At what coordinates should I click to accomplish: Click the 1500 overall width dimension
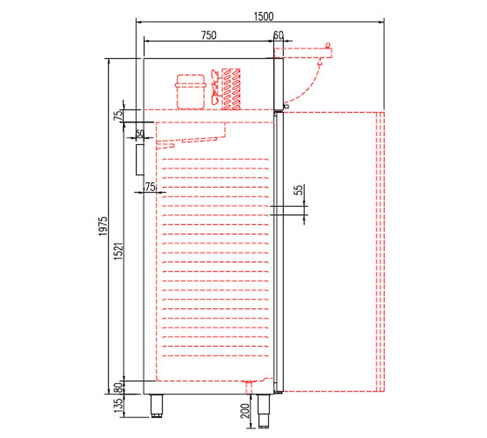(263, 17)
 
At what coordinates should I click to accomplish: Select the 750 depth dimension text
(209, 35)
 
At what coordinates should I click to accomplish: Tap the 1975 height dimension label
(103, 226)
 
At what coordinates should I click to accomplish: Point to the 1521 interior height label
(119, 251)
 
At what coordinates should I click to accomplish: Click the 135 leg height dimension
(118, 406)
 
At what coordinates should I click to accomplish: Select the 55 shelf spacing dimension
(299, 190)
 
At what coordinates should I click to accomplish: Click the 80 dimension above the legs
(118, 388)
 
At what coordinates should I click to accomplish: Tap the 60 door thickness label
(278, 35)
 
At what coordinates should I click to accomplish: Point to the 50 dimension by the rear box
(140, 133)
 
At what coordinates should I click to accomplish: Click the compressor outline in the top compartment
(191, 92)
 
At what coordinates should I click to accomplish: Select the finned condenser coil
(231, 89)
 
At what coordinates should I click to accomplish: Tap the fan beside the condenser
(215, 87)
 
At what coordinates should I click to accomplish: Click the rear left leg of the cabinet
(157, 406)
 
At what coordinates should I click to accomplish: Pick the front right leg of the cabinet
(263, 411)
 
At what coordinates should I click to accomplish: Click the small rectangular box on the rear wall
(140, 160)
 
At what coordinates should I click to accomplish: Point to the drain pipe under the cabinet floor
(249, 387)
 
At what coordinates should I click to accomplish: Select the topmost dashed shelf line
(215, 159)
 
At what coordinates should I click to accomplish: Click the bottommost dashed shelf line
(215, 356)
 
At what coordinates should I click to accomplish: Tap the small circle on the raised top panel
(328, 45)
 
